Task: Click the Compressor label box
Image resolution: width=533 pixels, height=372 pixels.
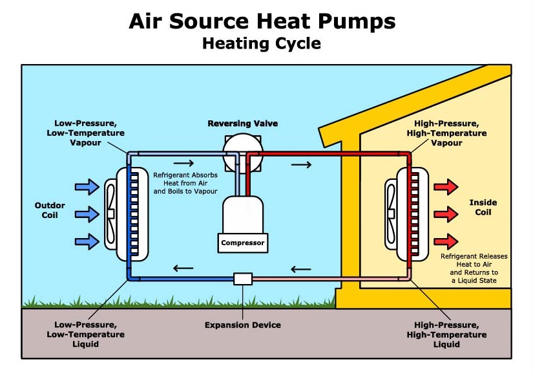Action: pos(243,243)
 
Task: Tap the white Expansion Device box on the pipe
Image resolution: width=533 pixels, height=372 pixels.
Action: pos(243,279)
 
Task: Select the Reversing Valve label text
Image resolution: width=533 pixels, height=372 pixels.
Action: pos(243,123)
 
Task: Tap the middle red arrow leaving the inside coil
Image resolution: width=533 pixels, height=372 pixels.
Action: pos(446,214)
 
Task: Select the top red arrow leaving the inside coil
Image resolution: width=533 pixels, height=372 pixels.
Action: pos(446,187)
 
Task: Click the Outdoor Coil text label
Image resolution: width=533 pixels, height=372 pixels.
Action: pos(50,210)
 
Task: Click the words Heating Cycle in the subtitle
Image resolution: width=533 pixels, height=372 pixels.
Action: pos(261,44)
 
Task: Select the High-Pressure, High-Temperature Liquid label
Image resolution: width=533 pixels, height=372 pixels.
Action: pos(446,334)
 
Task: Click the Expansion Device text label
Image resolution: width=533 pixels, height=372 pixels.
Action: pos(243,325)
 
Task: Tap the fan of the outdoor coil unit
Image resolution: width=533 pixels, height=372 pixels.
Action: pos(110,214)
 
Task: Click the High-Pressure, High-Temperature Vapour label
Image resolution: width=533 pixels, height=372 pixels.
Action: pos(447,133)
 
